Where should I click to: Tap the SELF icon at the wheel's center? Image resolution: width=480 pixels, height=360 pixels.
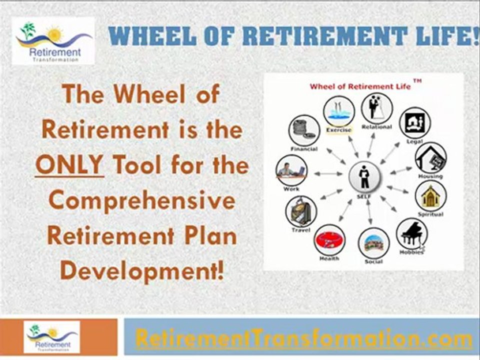coord(364,176)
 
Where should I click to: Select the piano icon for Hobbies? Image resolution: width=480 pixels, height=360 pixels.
coord(411,233)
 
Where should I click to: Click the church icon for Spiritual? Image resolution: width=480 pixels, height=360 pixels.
coord(430,196)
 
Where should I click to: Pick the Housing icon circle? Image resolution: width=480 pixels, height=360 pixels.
coord(430,158)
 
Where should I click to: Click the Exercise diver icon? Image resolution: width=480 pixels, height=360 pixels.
coord(339,112)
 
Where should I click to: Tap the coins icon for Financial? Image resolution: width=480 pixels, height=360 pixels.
coord(304,131)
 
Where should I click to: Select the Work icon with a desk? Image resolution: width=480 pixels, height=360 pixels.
coord(291,170)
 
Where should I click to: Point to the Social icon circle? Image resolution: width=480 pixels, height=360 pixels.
coord(373,243)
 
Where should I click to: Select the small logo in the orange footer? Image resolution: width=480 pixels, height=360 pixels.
coord(52,337)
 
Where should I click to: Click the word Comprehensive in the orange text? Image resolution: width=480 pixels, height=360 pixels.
coord(142,200)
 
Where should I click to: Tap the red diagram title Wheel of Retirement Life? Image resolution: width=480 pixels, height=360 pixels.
coord(360,86)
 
